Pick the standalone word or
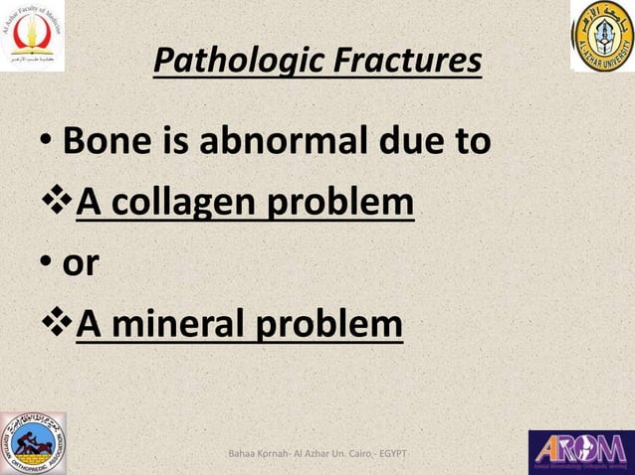pyautogui.click(x=80, y=264)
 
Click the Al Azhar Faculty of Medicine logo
pyautogui.click(x=33, y=37)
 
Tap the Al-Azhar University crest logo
pyautogui.click(x=601, y=37)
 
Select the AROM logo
pyautogui.click(x=580, y=450)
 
